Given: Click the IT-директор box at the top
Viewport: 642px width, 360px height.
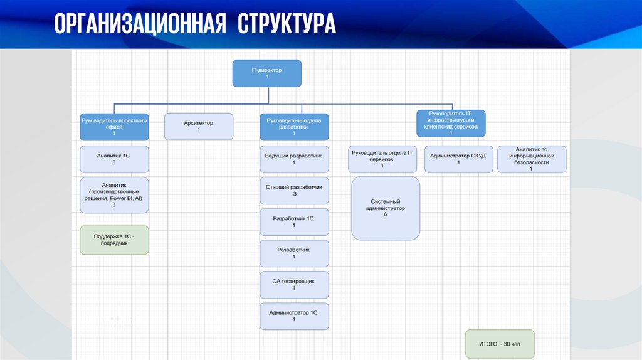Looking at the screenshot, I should tap(267, 73).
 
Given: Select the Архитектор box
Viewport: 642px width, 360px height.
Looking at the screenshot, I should tap(199, 126).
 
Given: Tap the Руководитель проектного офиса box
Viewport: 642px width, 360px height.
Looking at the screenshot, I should tap(114, 126).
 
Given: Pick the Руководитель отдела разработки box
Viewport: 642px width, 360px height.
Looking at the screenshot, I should tap(294, 126).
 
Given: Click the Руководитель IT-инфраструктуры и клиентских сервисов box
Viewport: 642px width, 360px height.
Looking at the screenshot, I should tap(450, 123).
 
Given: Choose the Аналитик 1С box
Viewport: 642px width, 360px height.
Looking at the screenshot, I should tap(114, 159).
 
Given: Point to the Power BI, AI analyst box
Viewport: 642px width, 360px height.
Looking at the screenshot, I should tap(114, 194).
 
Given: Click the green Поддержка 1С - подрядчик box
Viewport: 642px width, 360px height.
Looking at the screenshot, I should tap(114, 240).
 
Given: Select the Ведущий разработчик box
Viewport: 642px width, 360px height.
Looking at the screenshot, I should tap(294, 159).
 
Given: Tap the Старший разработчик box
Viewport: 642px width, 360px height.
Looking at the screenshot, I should tap(294, 191).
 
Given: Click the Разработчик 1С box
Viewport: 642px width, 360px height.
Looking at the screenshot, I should tap(294, 222).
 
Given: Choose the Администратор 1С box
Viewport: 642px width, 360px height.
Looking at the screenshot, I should tap(294, 315).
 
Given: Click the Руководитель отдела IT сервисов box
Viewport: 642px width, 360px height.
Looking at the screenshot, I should tap(382, 159).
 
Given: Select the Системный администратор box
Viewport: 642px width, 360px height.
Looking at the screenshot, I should tap(386, 208).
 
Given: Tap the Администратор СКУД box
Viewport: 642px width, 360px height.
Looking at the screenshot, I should tap(458, 159).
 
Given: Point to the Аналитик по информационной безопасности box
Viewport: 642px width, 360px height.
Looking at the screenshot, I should tap(532, 159).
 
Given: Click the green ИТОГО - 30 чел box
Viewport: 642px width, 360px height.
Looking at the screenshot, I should tap(500, 344).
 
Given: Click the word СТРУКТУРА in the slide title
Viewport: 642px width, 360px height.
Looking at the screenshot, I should tap(287, 24).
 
